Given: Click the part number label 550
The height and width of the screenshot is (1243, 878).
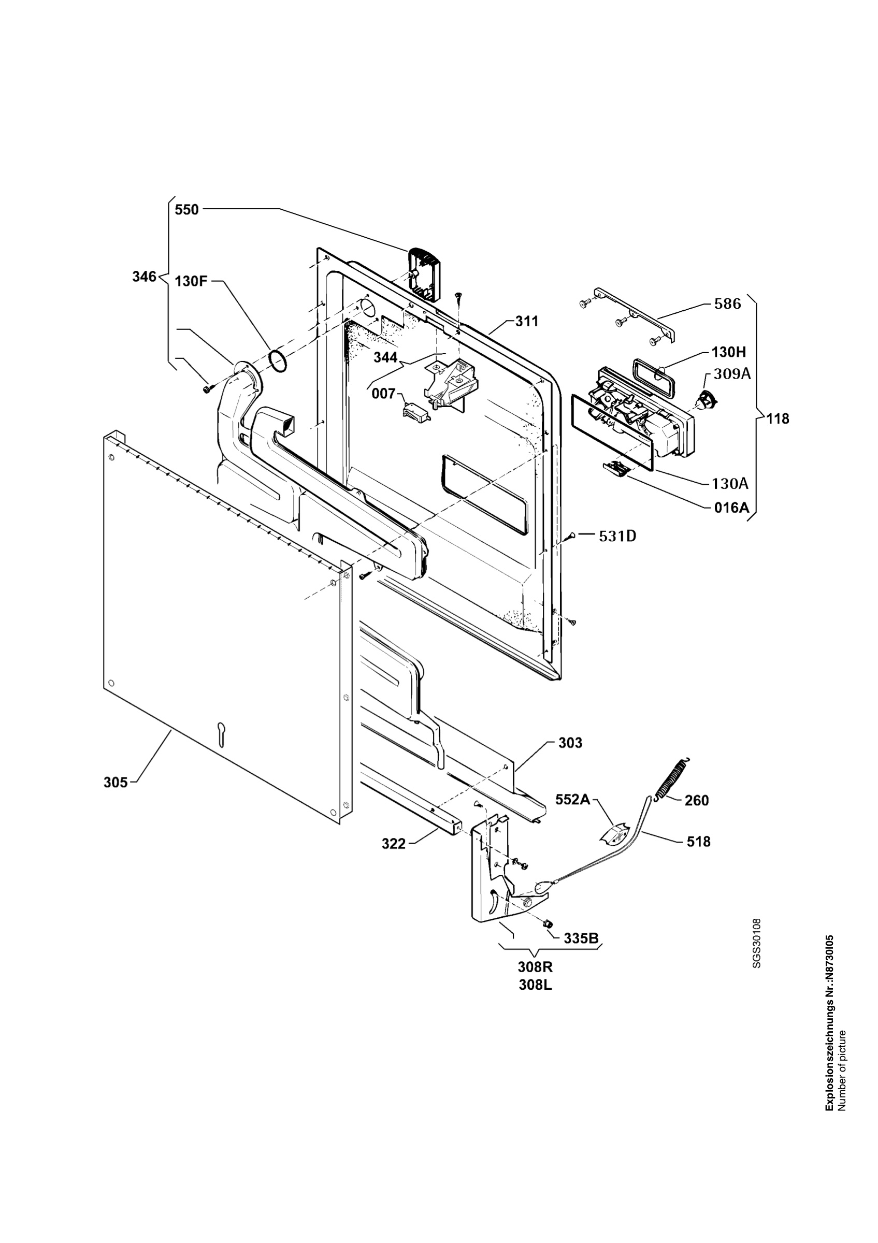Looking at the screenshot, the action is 187,210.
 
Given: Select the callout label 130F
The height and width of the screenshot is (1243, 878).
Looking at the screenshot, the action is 191,282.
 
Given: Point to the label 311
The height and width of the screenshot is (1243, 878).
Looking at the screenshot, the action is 527,321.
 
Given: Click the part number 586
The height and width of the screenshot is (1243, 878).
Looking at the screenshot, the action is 727,303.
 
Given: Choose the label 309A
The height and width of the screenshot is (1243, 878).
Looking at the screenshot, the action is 732,373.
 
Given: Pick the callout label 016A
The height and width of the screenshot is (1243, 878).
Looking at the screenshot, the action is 731,507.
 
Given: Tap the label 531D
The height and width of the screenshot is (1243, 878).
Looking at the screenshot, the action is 617,536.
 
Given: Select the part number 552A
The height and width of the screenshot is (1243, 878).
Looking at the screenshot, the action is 573,800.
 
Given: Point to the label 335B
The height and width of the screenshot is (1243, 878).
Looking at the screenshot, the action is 581,938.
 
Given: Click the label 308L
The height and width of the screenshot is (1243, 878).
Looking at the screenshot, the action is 536,985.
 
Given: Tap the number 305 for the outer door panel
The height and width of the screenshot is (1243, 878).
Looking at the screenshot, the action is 116,782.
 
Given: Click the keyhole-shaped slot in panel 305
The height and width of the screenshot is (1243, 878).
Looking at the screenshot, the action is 220,734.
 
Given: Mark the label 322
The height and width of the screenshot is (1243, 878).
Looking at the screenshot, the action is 394,844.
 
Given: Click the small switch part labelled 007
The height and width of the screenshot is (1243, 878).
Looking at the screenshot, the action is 416,414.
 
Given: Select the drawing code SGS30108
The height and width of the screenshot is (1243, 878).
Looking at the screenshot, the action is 757,943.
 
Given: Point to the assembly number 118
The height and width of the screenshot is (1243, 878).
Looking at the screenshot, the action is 778,418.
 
